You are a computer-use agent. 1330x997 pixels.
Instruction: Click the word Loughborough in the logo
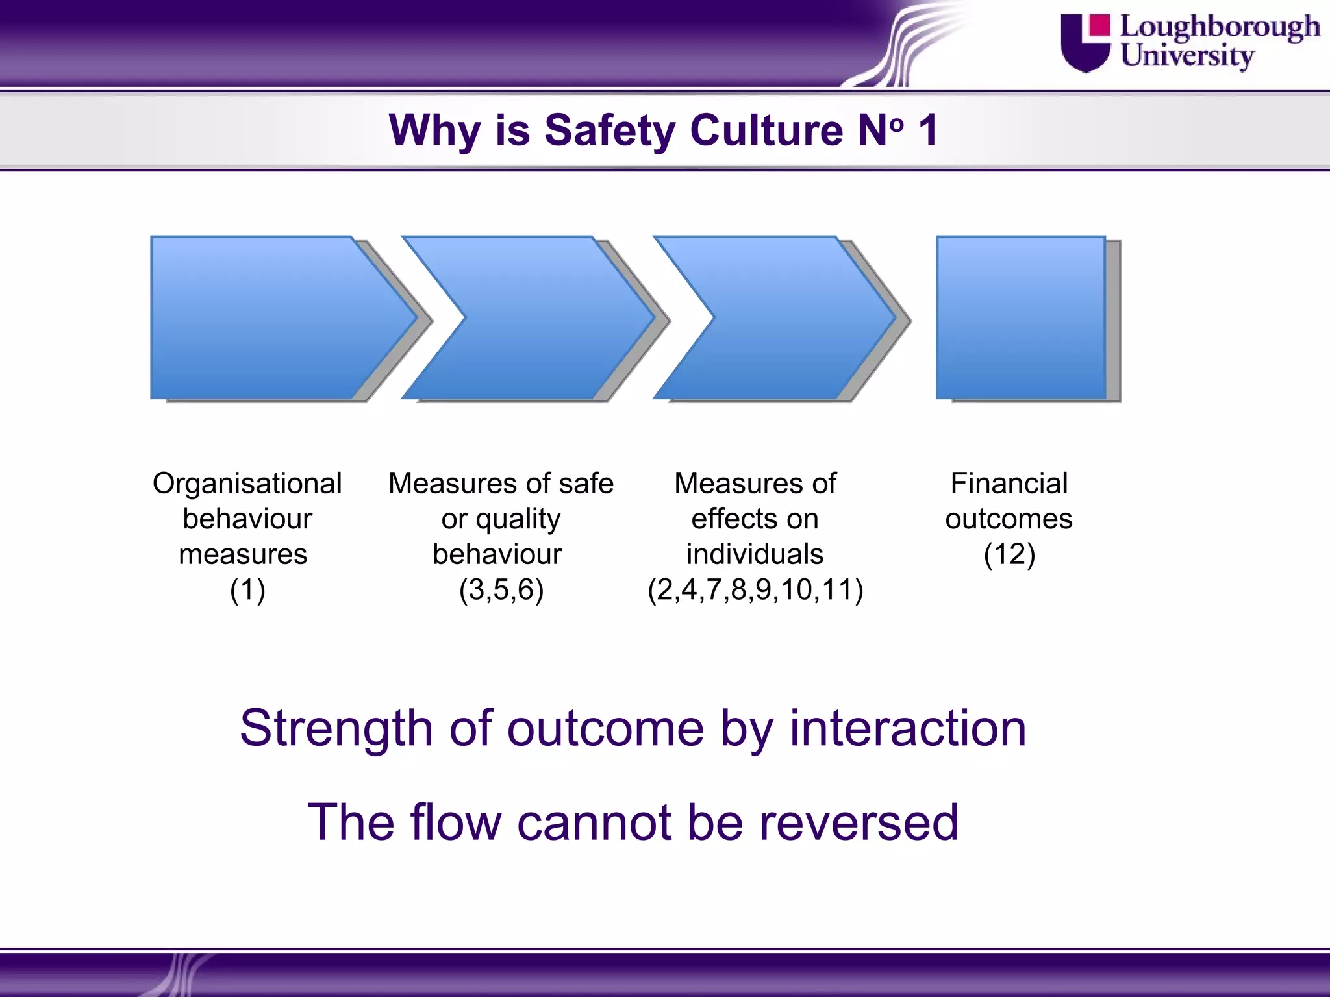point(1220,27)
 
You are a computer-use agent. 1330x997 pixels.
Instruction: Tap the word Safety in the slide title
point(610,130)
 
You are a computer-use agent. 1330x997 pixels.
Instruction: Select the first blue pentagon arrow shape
point(273,317)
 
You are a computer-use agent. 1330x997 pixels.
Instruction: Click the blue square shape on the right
point(1021,317)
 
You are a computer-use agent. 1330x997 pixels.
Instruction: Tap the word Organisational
point(247,484)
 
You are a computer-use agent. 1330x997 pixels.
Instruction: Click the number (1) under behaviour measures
point(247,590)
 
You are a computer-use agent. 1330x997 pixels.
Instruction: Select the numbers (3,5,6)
point(501,590)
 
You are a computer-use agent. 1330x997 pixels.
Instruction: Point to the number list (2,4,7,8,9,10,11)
point(755,590)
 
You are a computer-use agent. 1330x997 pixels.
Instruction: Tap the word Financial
point(1009,484)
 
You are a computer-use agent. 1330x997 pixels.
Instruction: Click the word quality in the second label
point(518,519)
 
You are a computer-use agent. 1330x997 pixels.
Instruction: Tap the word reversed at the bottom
point(859,822)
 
